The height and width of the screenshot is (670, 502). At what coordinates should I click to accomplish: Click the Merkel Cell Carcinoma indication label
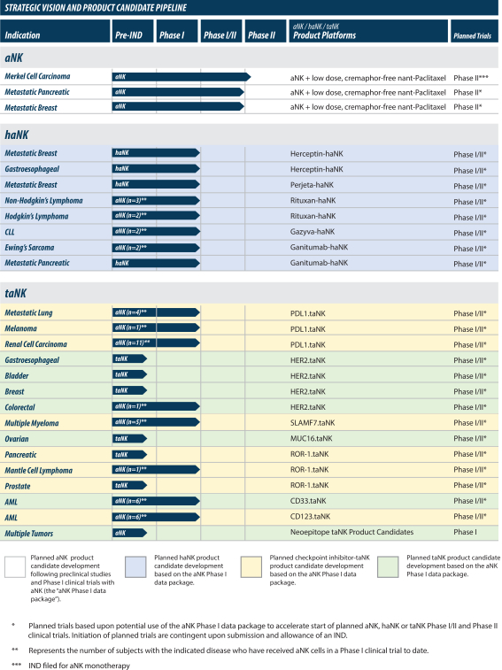coord(37,76)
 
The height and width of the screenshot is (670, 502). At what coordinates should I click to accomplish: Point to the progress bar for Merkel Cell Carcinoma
coord(181,77)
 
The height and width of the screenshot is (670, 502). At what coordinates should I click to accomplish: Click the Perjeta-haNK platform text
coord(312,185)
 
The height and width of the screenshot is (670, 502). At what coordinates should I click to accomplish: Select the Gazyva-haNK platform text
coord(313,232)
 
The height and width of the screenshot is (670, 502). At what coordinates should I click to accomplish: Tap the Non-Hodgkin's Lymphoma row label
coord(43,200)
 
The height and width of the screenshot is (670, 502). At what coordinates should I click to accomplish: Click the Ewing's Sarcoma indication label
coord(29,248)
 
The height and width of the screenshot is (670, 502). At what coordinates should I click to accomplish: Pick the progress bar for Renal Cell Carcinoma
coord(156,343)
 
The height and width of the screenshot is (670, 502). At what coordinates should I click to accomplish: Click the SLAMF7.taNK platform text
coord(313,422)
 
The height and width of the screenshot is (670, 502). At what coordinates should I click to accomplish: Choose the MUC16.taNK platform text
coord(312,438)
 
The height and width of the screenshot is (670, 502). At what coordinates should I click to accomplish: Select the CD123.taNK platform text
coord(310,517)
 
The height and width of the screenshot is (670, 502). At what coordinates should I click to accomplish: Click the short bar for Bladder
coord(129,374)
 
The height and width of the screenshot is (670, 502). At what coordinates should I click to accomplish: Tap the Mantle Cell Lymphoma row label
coord(38,471)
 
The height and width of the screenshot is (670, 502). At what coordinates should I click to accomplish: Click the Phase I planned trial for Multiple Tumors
coord(465,532)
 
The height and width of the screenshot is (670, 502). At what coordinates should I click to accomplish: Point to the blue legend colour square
coord(135,567)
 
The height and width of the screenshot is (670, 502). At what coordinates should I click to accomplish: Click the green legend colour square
coord(388,567)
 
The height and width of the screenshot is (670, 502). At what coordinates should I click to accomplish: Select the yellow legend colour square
coord(251,567)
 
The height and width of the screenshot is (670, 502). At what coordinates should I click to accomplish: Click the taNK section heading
coord(15,293)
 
